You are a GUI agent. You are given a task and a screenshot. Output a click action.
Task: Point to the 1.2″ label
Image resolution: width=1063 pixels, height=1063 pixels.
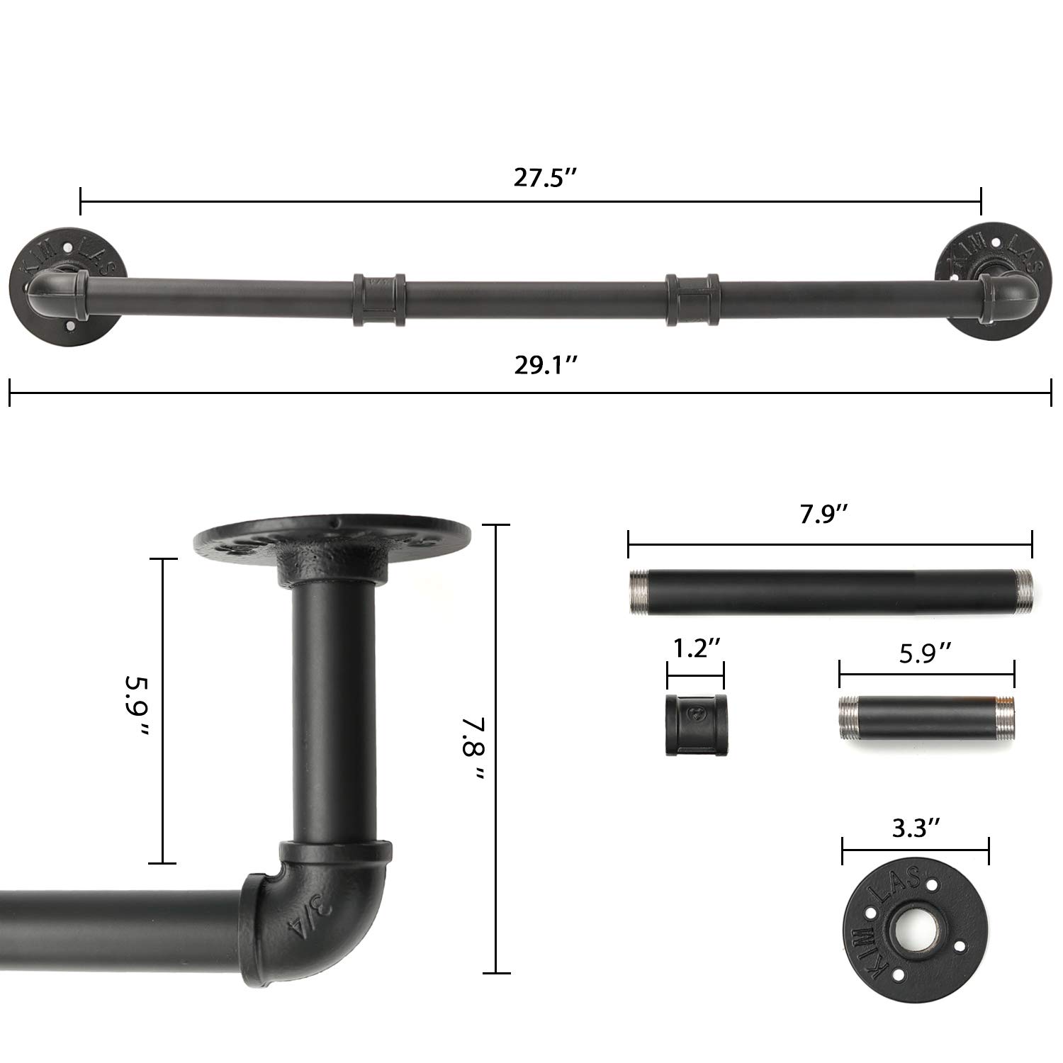696,648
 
